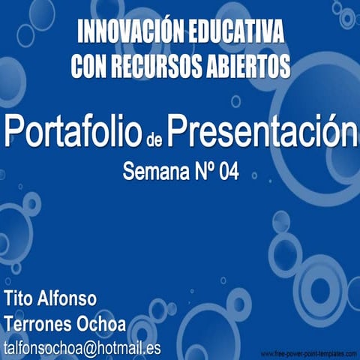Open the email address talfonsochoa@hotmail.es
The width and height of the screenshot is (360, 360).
pos(82,349)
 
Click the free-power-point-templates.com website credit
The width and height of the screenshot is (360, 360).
pos(308,352)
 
